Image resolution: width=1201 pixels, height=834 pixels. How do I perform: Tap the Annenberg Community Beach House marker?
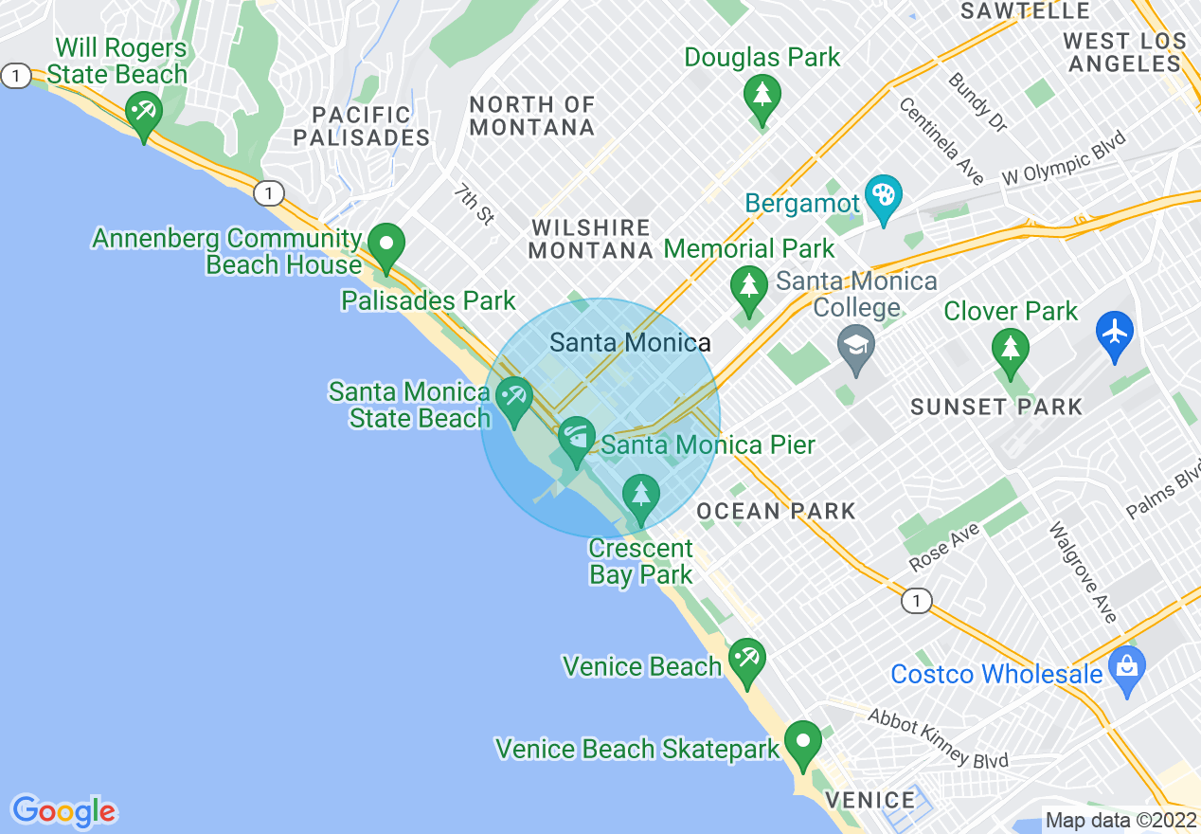[386, 245]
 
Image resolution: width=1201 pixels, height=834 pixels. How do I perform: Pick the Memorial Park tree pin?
[749, 288]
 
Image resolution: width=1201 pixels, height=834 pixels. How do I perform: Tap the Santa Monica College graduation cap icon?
[856, 346]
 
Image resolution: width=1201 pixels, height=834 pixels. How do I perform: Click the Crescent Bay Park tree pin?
[641, 497]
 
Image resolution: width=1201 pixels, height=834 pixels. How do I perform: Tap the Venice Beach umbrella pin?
[747, 660]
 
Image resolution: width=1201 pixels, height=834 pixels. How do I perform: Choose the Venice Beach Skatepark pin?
[804, 743]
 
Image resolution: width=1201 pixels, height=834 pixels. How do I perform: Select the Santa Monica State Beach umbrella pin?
[514, 398]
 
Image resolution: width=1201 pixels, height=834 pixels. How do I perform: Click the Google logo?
[64, 811]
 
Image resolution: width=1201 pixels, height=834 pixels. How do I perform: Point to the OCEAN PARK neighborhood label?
[776, 512]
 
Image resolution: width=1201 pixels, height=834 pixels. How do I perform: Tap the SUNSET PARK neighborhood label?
[995, 408]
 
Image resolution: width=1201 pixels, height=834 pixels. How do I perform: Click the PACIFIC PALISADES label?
[362, 126]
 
